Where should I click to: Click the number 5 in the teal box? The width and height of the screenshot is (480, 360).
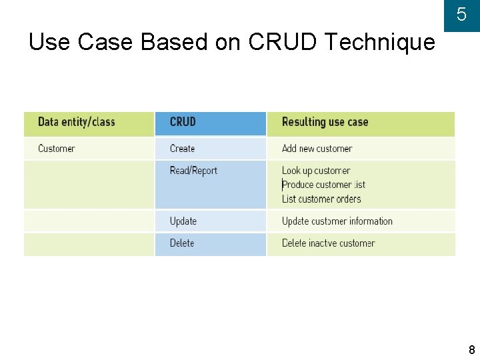coord(461,15)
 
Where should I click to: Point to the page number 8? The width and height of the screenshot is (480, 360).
coord(472,350)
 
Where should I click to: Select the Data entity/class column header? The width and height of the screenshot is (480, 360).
coord(76,122)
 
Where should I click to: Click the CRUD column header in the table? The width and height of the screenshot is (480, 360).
coord(183,122)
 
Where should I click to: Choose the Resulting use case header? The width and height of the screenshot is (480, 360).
coord(325,122)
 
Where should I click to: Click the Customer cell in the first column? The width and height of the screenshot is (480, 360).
coord(57,149)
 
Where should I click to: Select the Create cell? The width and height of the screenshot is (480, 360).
coord(182,149)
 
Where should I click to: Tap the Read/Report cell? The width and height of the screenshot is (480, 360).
coord(193,171)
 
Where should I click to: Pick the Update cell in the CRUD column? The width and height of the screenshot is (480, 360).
coord(183,221)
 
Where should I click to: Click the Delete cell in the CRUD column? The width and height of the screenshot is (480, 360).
coord(182,243)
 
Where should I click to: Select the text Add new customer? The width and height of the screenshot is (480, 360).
coord(317,149)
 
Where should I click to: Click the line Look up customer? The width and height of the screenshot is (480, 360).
coord(315,171)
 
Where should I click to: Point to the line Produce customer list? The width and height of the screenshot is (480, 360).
coord(323,185)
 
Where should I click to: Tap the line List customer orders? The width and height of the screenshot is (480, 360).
coord(321,199)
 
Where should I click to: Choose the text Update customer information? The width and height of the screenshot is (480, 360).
coord(337,221)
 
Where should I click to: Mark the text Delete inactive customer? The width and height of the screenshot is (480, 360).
coord(328,243)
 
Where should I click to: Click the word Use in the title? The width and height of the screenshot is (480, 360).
coord(51,43)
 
